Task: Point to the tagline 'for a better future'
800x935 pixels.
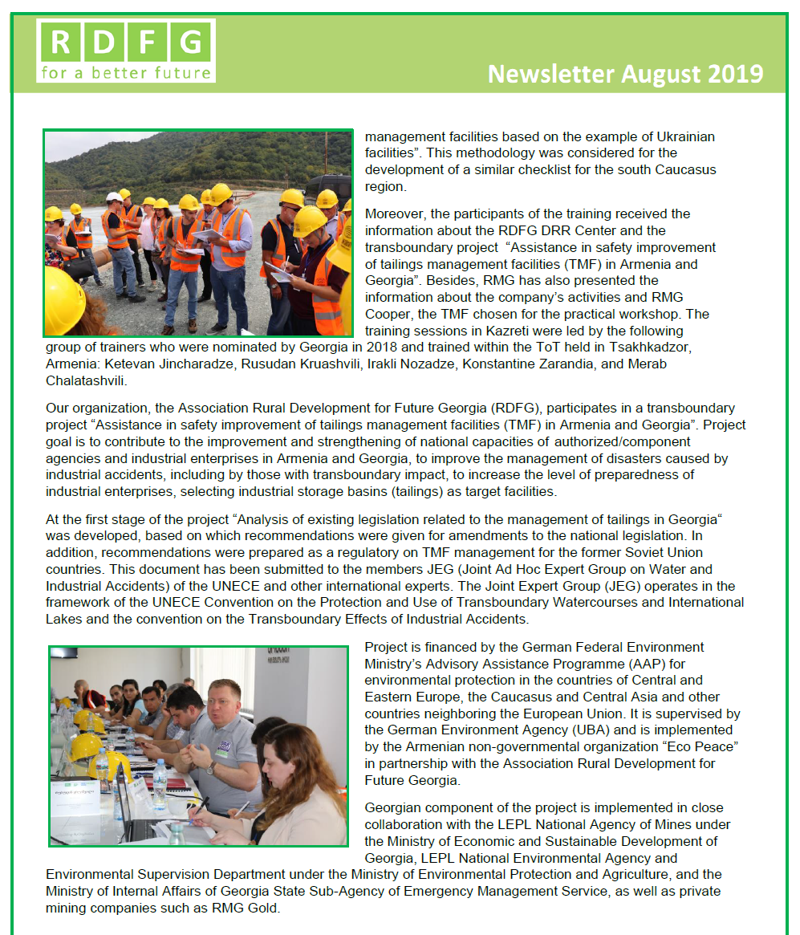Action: point(125,74)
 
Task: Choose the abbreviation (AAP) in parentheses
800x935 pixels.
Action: point(622,664)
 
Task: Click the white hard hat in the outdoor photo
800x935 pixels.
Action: point(115,197)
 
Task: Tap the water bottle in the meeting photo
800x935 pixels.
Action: point(160,783)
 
